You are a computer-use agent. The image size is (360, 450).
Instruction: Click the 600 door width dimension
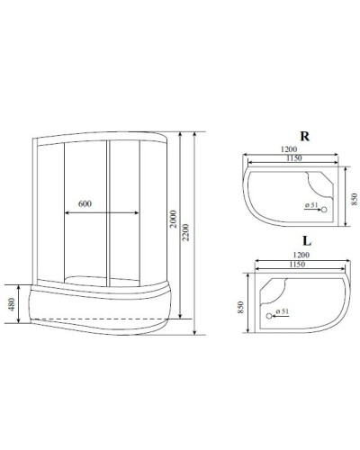click(85, 204)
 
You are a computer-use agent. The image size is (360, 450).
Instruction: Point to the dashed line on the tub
click(90, 318)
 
